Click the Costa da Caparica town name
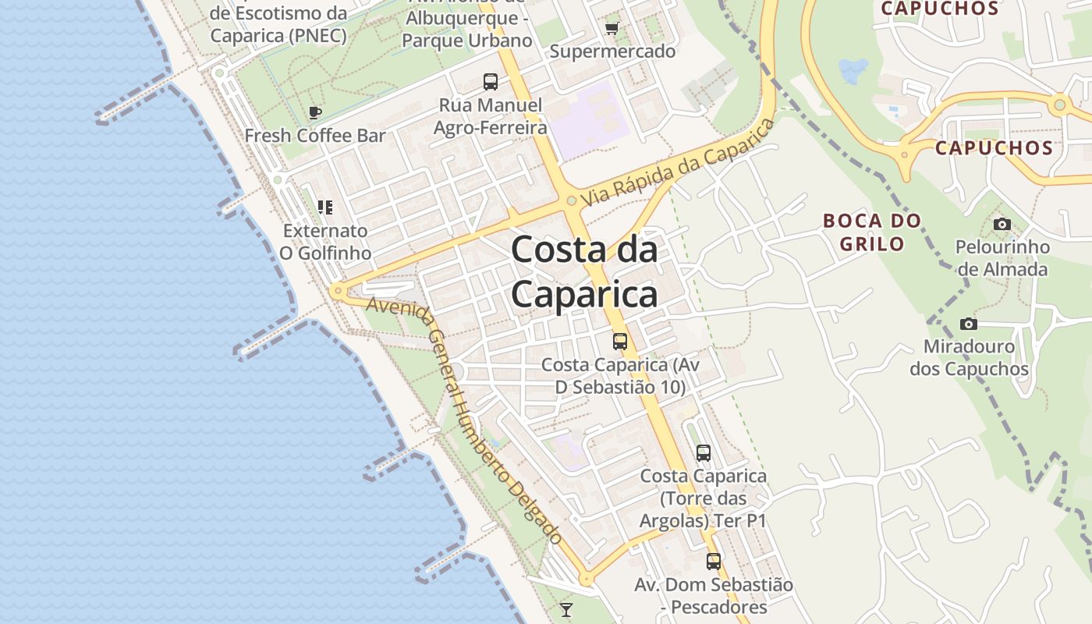click(584, 272)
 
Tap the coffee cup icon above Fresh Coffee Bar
click(315, 113)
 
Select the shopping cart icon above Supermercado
click(612, 29)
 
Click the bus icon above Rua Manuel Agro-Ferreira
click(491, 81)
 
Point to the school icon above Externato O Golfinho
click(325, 207)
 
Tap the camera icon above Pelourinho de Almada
click(1002, 225)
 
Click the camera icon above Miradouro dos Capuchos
click(969, 324)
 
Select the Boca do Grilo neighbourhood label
click(872, 232)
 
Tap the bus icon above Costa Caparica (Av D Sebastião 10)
click(620, 341)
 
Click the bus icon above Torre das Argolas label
click(704, 452)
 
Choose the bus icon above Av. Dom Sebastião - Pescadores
click(714, 561)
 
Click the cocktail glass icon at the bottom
click(566, 610)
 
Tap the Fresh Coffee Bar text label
click(315, 136)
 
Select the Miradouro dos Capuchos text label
click(969, 357)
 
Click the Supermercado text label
click(612, 51)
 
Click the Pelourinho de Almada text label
click(1002, 258)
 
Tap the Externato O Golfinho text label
click(325, 242)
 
